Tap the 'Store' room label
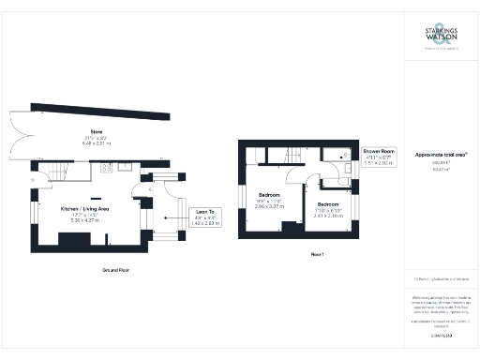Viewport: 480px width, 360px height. [96, 130]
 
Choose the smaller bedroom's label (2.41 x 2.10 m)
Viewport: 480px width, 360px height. [328, 208]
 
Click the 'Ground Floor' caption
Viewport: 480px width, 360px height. [115, 270]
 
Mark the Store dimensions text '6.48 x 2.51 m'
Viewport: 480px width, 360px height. [96, 144]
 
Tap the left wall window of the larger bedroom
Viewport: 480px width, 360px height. [241, 199]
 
